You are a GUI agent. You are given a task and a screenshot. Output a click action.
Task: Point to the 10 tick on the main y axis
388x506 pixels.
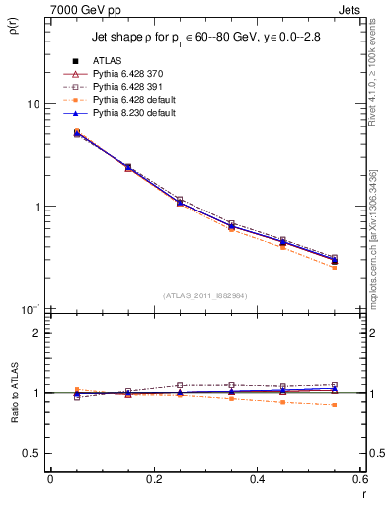coord(33,104)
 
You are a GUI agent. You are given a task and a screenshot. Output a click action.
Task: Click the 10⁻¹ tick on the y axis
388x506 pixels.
coord(31,309)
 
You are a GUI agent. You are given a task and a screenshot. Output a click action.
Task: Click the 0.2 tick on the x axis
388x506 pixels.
coord(153,479)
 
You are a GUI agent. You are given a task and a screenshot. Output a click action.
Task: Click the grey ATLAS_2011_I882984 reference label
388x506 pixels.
coord(204,295)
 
